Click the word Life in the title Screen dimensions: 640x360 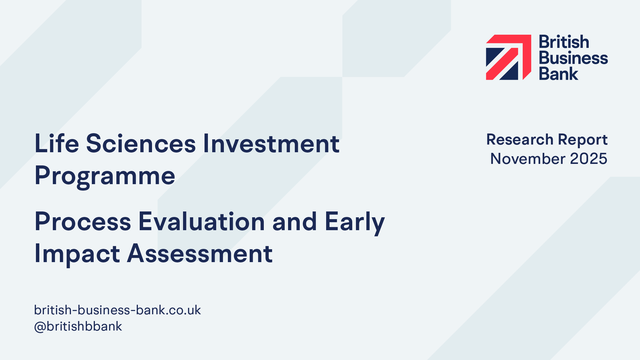tap(57, 143)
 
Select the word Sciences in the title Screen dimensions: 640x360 tap(141, 143)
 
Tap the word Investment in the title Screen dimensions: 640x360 tap(271, 143)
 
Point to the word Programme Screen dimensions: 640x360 tap(105, 176)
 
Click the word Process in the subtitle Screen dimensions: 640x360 tap(83, 222)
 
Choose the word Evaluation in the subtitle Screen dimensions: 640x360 tap(202, 222)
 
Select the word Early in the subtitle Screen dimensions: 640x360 tap(355, 223)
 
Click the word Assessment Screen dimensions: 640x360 tap(200, 254)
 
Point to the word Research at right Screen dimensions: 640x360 tap(520, 140)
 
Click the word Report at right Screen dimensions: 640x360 tap(583, 141)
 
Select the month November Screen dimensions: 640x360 tap(528, 159)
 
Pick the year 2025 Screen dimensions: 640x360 tap(588, 159)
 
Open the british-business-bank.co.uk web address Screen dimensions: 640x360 tap(118, 310)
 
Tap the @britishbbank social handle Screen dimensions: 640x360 tap(78, 326)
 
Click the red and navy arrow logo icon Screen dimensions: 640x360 tap(509, 57)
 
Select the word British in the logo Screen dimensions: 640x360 tap(564, 42)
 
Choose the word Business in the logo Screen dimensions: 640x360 tap(573, 58)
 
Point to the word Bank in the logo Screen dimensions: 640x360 tap(559, 74)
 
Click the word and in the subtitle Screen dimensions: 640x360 tap(295, 222)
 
